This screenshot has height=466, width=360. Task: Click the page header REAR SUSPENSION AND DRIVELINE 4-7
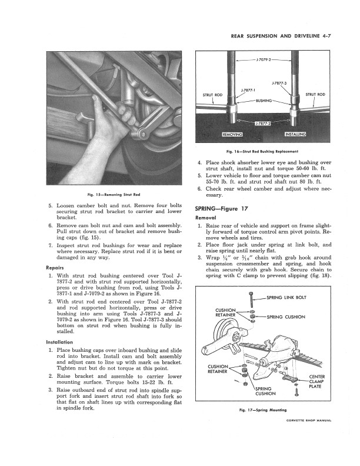pyautogui.click(x=284, y=36)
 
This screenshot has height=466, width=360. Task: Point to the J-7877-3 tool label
pyautogui.click(x=279, y=84)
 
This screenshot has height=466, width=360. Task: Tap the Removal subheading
pyautogui.click(x=206, y=218)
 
